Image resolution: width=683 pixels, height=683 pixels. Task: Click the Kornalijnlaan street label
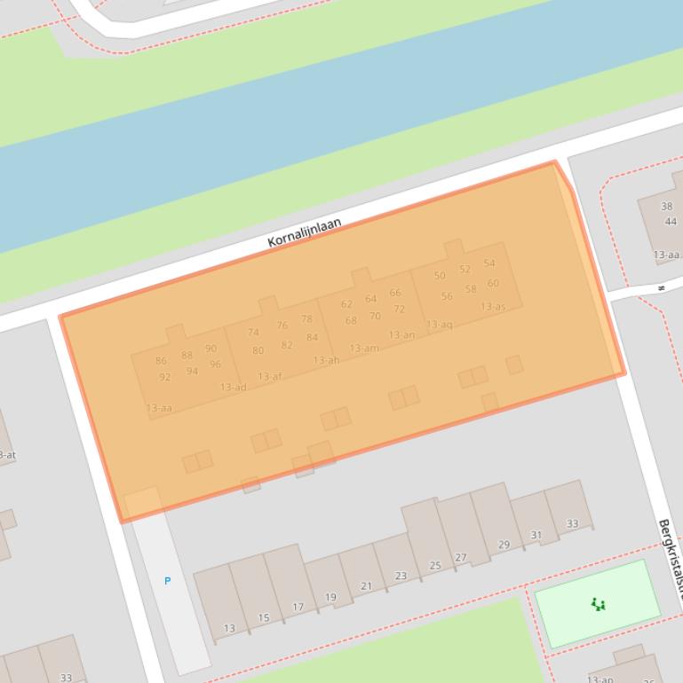click(x=305, y=232)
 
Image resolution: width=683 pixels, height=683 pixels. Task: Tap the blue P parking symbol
click(x=167, y=581)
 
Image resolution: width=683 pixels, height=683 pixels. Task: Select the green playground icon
click(x=598, y=605)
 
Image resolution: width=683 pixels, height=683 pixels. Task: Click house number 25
click(x=435, y=565)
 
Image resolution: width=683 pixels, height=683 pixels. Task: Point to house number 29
click(x=504, y=545)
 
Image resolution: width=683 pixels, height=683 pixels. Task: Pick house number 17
click(x=298, y=608)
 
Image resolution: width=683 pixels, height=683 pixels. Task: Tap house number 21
click(x=366, y=586)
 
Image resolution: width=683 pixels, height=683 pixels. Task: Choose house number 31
click(x=536, y=535)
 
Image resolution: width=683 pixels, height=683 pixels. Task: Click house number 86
click(x=161, y=361)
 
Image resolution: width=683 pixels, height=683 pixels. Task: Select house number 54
click(x=489, y=263)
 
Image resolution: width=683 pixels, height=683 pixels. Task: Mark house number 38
click(x=667, y=207)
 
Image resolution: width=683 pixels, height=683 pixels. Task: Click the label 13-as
click(x=493, y=307)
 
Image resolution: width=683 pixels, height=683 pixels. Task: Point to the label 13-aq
click(x=439, y=325)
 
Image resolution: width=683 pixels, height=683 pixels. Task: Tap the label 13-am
click(x=363, y=349)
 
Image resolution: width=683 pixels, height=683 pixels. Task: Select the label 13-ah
click(x=326, y=360)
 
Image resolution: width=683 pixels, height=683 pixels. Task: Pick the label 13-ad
click(x=233, y=387)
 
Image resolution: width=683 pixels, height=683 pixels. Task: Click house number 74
click(x=253, y=333)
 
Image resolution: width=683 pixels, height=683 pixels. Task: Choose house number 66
click(x=395, y=293)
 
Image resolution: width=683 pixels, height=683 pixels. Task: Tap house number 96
click(x=215, y=365)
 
